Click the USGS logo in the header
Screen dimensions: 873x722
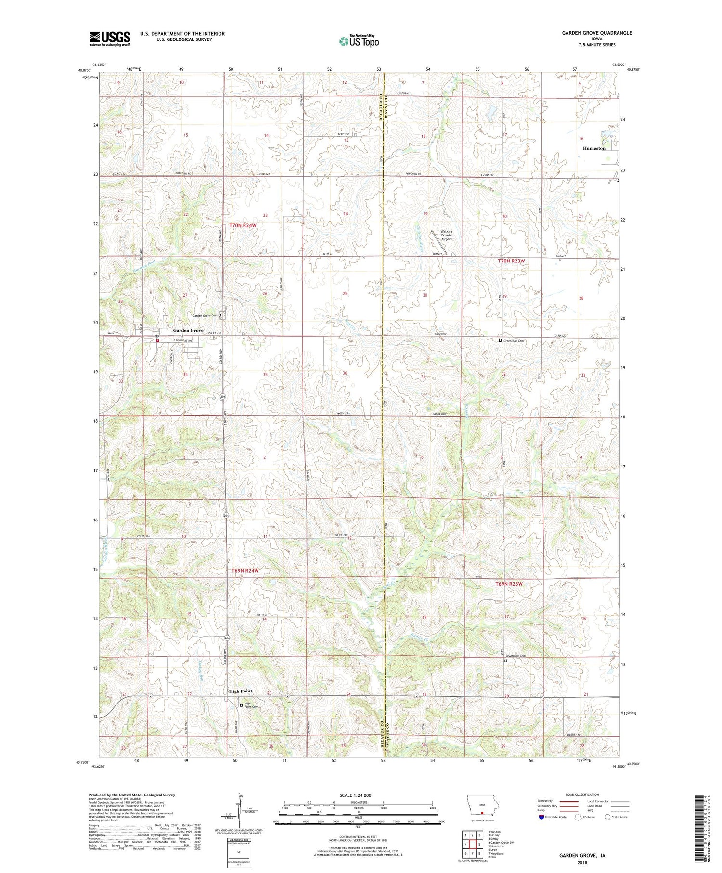click(x=110, y=39)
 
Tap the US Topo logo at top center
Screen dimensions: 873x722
click(x=359, y=41)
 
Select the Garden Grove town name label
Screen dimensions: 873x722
click(x=188, y=330)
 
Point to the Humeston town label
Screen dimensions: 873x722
click(x=594, y=148)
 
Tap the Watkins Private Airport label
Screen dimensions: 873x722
click(x=446, y=235)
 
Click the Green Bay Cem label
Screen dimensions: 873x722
click(x=513, y=341)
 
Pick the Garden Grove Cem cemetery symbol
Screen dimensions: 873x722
click(x=220, y=315)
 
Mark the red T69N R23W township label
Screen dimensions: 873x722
click(x=509, y=584)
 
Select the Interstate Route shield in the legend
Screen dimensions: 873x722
click(x=541, y=817)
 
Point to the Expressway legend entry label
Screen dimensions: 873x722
click(x=548, y=801)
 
